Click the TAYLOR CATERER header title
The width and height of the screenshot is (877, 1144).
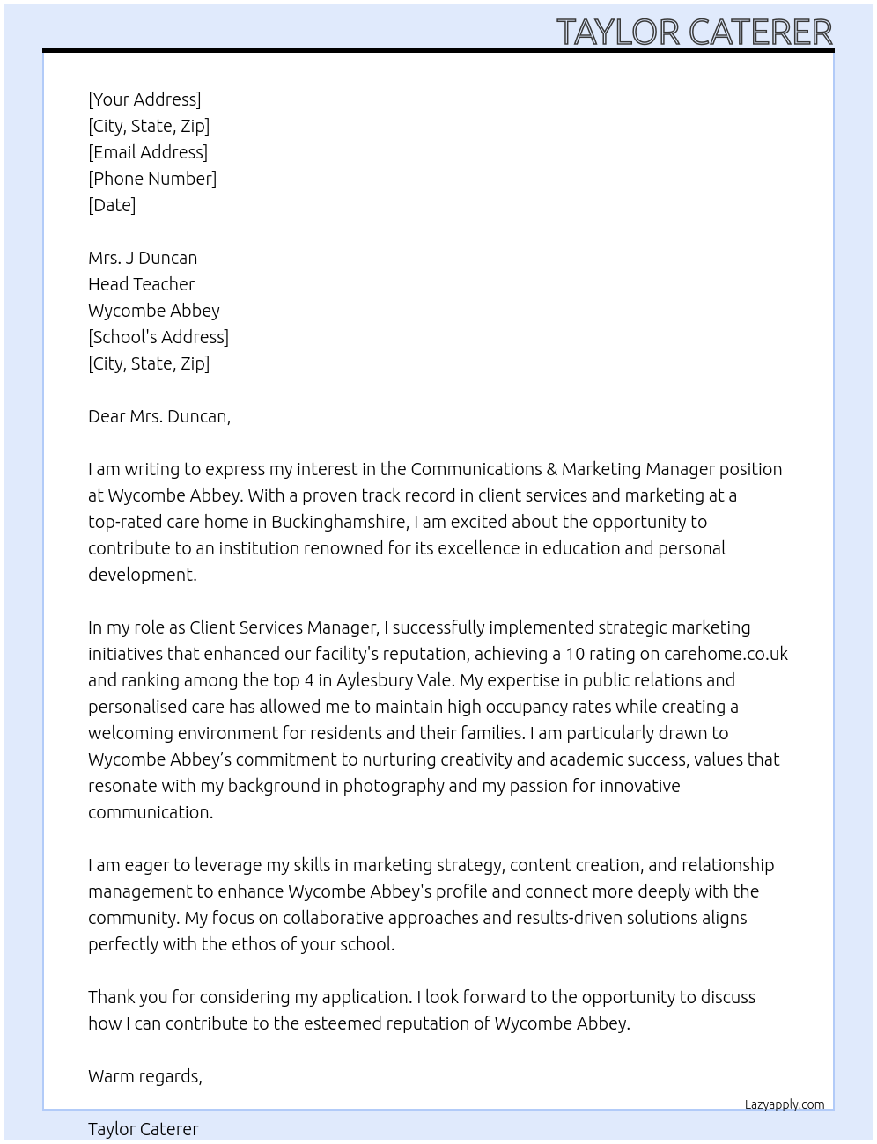tap(694, 33)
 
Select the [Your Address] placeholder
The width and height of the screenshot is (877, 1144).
tap(144, 99)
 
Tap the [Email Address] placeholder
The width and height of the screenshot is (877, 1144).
tap(148, 152)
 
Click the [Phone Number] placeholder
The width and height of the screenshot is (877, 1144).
tap(152, 179)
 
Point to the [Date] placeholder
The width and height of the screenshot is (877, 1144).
tap(112, 205)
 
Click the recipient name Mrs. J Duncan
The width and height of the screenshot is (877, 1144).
tap(143, 258)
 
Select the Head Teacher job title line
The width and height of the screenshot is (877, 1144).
tap(141, 284)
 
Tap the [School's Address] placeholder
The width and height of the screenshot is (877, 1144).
tap(158, 337)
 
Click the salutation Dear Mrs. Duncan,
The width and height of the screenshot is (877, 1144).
tap(159, 416)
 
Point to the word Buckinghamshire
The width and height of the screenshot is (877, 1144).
tap(339, 522)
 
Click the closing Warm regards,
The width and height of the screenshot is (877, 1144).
tap(145, 1076)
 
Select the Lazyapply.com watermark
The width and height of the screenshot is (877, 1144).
tap(785, 1104)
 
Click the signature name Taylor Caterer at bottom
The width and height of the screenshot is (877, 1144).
tap(144, 1129)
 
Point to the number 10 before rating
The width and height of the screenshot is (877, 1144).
tap(575, 654)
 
